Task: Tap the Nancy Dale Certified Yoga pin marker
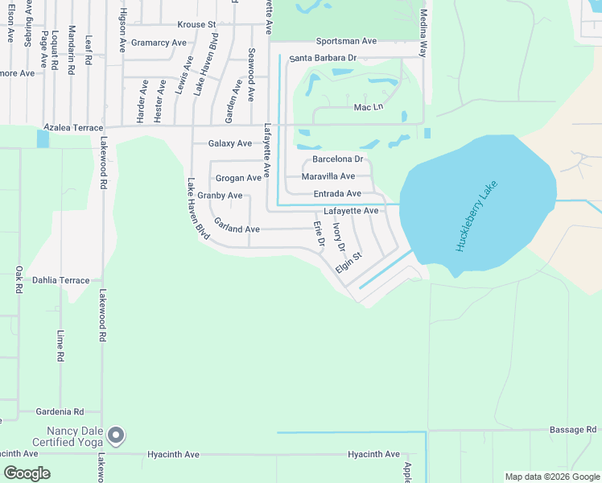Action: click(117, 436)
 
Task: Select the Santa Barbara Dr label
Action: click(323, 58)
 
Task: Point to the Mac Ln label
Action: click(369, 107)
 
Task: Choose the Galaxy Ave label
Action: click(230, 143)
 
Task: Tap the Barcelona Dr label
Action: click(338, 159)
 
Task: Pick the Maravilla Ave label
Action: click(328, 176)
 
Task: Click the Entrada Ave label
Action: click(336, 194)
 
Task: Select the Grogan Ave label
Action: click(238, 178)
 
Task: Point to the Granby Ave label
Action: click(220, 196)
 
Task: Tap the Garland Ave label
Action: click(237, 229)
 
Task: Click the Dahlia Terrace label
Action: click(61, 280)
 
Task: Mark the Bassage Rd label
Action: click(573, 430)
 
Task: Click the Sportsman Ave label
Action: click(346, 40)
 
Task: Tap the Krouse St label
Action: click(197, 25)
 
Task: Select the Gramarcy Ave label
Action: click(159, 43)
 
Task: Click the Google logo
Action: click(27, 473)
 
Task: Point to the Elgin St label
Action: click(349, 262)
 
